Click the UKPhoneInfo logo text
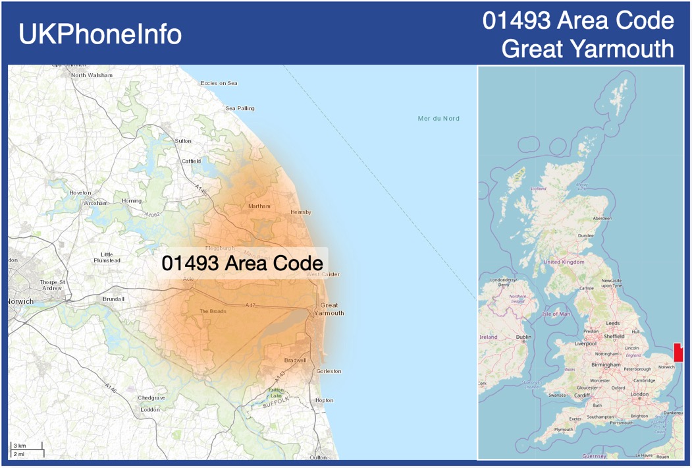click(100, 34)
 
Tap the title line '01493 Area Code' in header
click(578, 20)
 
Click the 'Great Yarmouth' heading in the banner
click(587, 49)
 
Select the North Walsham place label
click(92, 75)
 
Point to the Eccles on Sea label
click(219, 83)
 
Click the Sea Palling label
click(240, 108)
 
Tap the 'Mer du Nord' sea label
click(439, 119)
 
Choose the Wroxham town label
click(95, 204)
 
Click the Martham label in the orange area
click(259, 206)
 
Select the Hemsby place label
click(300, 212)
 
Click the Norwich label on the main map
click(20, 301)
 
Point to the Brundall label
click(113, 299)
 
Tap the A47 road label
click(250, 305)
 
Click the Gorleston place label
click(329, 371)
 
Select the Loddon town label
click(150, 409)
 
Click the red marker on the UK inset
click(678, 352)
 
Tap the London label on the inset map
click(639, 394)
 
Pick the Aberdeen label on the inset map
click(602, 218)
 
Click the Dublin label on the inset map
click(523, 337)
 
